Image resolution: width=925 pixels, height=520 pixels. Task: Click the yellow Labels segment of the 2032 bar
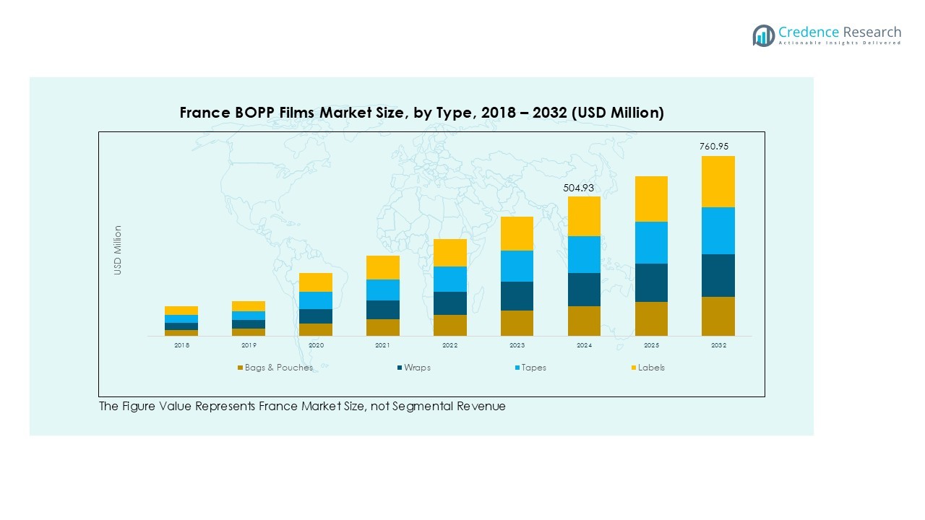[x=718, y=181]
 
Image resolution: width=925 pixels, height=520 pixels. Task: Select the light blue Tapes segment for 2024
[x=584, y=254]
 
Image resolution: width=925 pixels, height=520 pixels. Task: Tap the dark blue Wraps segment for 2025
[x=651, y=282]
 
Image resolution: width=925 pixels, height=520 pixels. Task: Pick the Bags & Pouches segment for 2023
[x=517, y=323]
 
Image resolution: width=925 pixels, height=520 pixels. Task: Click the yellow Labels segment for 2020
[x=316, y=282]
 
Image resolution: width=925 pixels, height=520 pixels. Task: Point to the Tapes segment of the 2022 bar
[x=450, y=279]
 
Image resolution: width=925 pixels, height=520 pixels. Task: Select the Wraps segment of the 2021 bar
[x=383, y=309]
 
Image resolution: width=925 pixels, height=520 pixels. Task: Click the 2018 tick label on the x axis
[x=181, y=346]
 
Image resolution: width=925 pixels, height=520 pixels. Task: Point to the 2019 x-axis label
[x=249, y=346]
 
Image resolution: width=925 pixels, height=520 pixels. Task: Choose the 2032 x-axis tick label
[x=718, y=346]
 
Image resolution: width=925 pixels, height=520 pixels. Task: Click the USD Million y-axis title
[x=118, y=250]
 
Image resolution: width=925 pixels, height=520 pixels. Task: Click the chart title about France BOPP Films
[x=421, y=113]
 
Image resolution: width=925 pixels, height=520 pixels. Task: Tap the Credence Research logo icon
[x=763, y=35]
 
